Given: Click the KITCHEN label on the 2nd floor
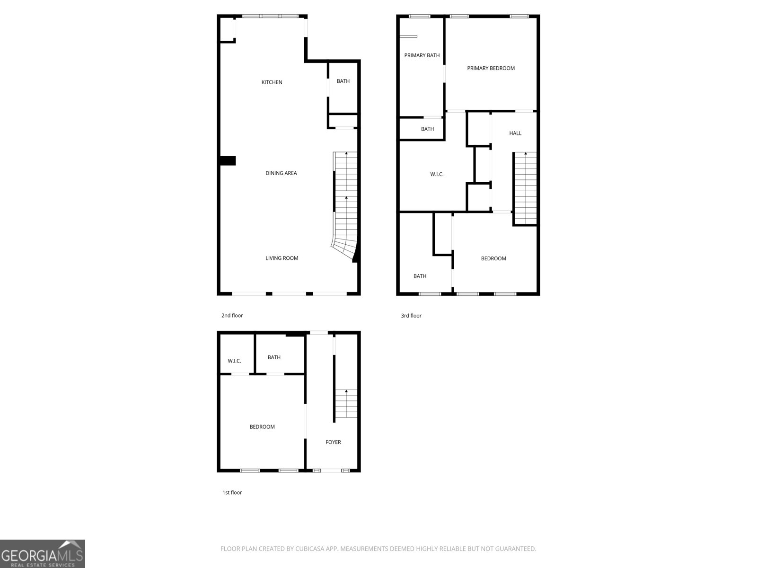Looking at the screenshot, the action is click(x=272, y=82).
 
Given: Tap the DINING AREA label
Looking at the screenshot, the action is click(x=281, y=173).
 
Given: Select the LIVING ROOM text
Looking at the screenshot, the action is click(x=282, y=258).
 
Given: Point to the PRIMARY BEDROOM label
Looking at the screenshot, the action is click(x=491, y=68).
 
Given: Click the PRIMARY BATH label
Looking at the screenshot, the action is click(x=422, y=55).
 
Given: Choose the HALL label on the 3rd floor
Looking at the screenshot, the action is click(x=515, y=133).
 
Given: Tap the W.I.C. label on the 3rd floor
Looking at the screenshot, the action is click(x=437, y=174).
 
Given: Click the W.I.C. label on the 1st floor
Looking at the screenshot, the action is click(x=234, y=361).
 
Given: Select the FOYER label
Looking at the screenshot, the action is click(x=333, y=442).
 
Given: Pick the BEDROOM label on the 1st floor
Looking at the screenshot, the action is click(x=262, y=426).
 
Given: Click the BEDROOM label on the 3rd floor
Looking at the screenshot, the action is click(x=493, y=258).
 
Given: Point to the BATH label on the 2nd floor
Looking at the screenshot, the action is click(x=343, y=81).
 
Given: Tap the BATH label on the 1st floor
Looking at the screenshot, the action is click(x=274, y=357).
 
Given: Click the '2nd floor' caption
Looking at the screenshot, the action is click(x=232, y=315).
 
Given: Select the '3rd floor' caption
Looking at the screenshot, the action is click(x=411, y=316).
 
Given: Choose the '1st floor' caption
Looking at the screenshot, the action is click(x=232, y=492).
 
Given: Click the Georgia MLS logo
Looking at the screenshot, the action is click(x=43, y=554).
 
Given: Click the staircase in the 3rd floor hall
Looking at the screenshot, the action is click(x=525, y=188).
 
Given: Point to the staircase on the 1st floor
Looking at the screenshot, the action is click(x=346, y=403).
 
